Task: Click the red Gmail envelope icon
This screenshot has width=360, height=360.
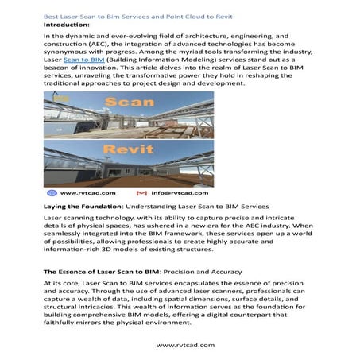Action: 141,193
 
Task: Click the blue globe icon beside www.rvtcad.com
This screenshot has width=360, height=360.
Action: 52,193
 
